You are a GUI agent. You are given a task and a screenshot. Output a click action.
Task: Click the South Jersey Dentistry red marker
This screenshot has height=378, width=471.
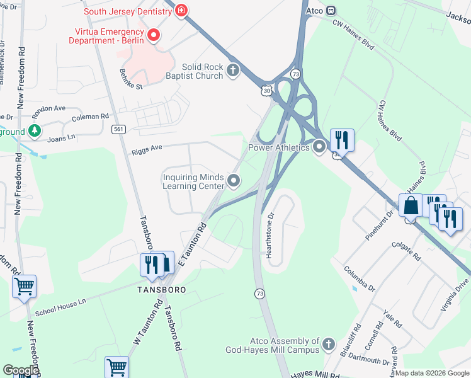coord(182,11)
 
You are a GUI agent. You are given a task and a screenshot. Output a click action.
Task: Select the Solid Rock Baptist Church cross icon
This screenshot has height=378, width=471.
coord(234,70)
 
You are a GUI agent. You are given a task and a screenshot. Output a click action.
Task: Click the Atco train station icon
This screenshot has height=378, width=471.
coord(331,10)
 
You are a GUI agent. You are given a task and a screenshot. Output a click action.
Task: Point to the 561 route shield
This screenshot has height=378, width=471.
coord(118,129)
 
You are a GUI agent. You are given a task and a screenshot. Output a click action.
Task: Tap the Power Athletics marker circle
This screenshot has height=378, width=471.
coord(319,147)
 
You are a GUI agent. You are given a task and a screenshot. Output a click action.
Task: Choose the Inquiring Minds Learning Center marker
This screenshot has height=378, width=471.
coord(234,181)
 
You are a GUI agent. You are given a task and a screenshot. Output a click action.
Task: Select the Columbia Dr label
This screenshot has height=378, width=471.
coord(360,278)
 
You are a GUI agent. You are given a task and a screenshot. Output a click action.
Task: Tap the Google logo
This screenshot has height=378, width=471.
coord(21,370)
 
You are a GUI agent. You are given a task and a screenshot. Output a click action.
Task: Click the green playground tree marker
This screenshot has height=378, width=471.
coord(35,131)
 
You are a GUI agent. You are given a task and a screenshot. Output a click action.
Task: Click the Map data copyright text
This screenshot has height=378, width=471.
coord(432,373)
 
